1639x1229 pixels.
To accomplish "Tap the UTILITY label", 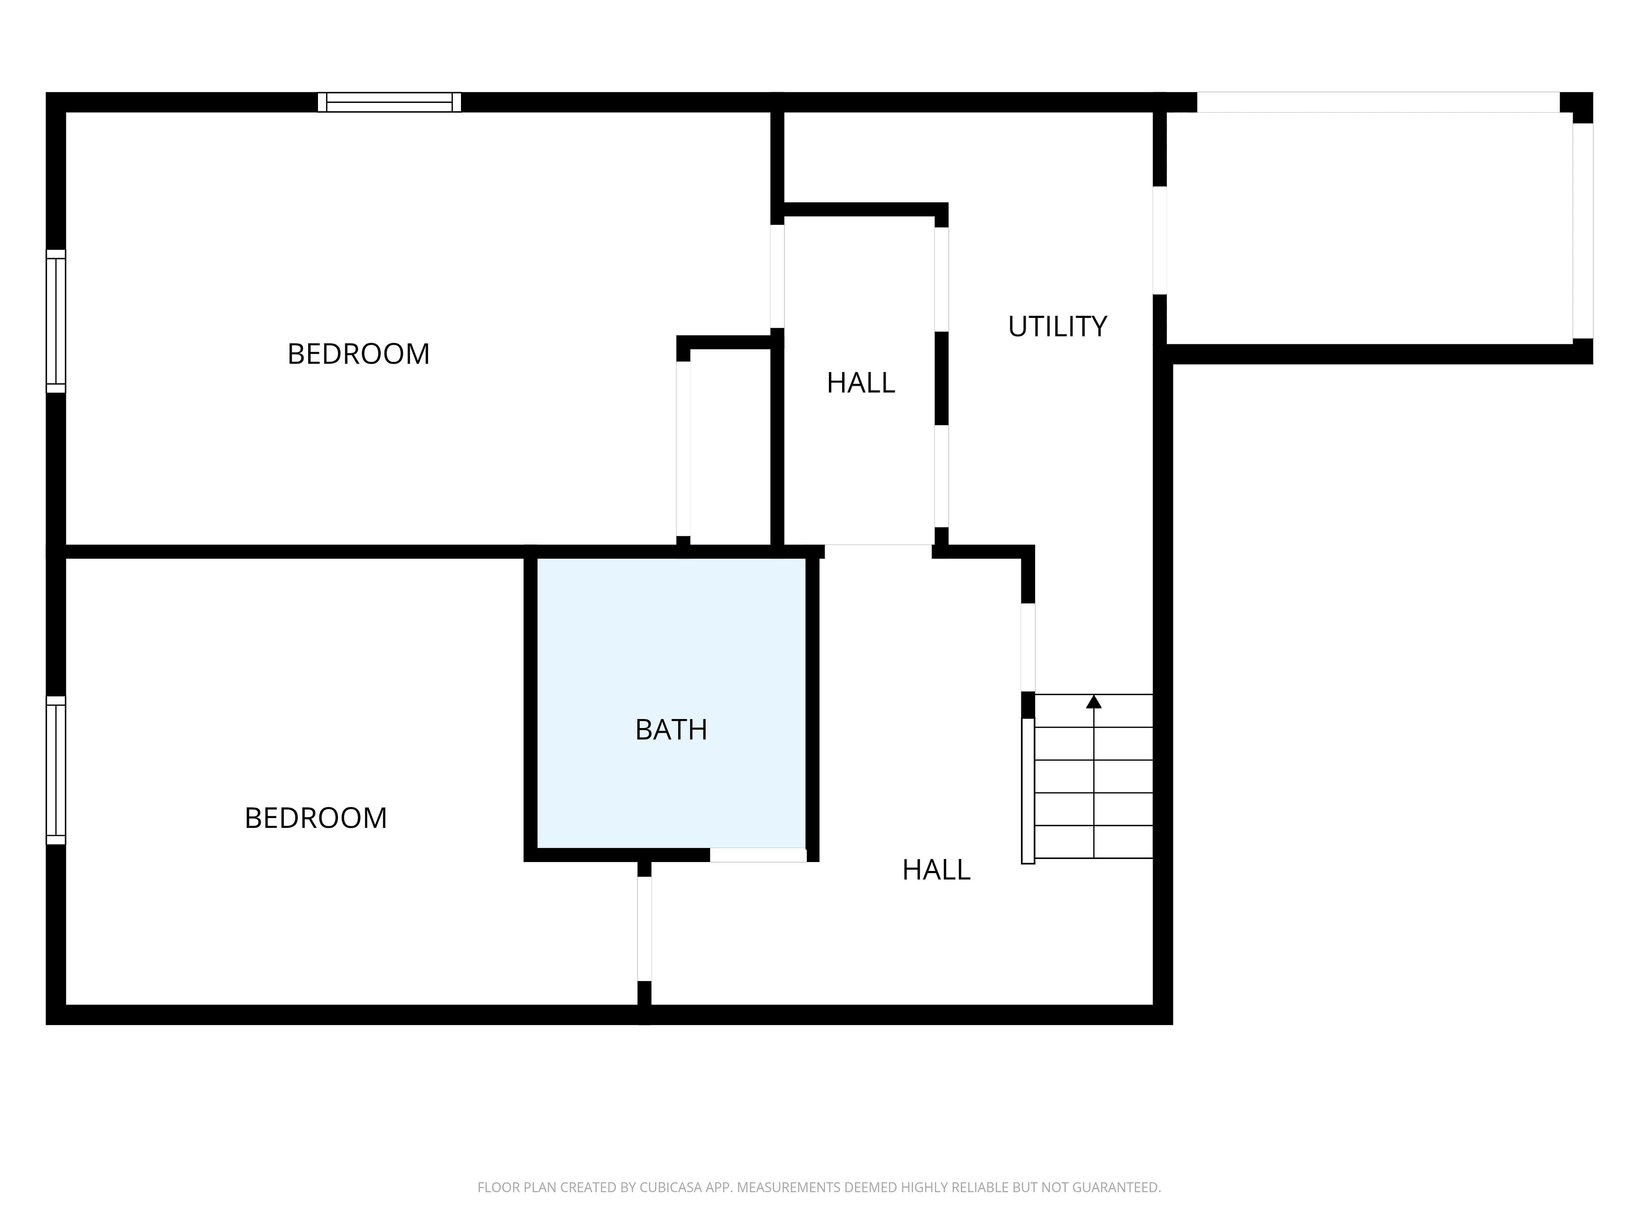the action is pos(1057,327).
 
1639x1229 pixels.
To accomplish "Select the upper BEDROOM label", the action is pos(359,354).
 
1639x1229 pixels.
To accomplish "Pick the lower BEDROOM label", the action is pos(316,818).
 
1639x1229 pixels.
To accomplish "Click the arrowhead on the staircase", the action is pos(1094,702).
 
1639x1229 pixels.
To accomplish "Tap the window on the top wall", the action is pos(389,102).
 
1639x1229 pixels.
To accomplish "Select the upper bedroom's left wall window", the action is pos(55,321).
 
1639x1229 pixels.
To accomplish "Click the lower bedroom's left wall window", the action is pos(55,770).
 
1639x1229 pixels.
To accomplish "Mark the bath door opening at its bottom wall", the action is pos(758,855).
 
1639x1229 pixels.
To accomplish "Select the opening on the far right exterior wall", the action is pos(1583,230).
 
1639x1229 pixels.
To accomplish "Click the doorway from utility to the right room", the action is pos(1160,240).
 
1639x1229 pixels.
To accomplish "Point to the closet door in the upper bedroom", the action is pos(683,448).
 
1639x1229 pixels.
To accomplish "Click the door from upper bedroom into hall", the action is pos(777,276).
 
